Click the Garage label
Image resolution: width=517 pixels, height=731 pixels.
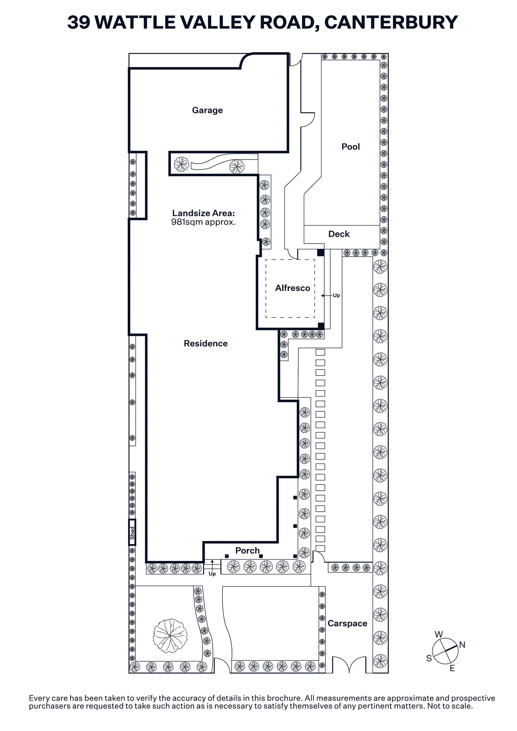[207, 110]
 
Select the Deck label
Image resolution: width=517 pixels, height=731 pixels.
[339, 234]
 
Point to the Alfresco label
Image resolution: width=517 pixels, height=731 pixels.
[292, 288]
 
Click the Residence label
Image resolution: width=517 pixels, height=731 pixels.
[206, 344]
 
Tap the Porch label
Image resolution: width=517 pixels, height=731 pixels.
[248, 551]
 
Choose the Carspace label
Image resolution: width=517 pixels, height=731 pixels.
[347, 623]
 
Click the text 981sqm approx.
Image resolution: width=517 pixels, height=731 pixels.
[204, 222]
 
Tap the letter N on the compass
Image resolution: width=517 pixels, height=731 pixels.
[462, 645]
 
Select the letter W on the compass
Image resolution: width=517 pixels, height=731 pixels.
[439, 635]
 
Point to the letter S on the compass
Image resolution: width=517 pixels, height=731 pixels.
[429, 658]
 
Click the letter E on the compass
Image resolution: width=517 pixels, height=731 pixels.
[452, 669]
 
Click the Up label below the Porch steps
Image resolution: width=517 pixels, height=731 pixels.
[212, 574]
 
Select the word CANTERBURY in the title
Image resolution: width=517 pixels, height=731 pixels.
[391, 22]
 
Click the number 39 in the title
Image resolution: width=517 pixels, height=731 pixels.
[79, 22]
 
